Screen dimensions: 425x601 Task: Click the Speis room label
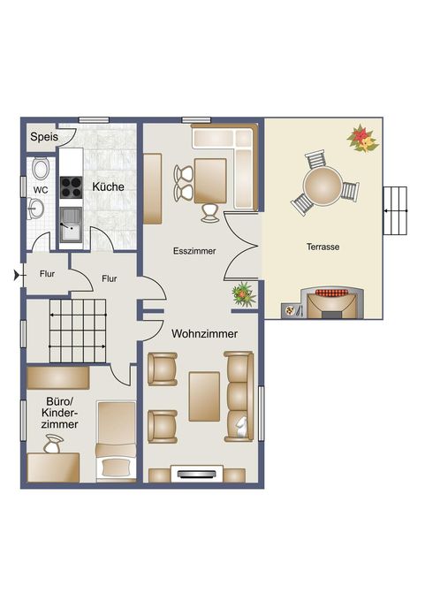pyautogui.click(x=44, y=137)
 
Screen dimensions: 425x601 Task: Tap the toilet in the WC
pyautogui.click(x=41, y=168)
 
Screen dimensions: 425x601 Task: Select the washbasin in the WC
pyautogui.click(x=35, y=209)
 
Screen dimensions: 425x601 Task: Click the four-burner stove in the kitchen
pyautogui.click(x=72, y=186)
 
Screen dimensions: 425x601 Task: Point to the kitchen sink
pyautogui.click(x=71, y=224)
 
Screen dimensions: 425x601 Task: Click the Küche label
pyautogui.click(x=108, y=186)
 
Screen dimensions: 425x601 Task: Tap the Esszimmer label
pyautogui.click(x=194, y=251)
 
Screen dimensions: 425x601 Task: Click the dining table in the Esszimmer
pyautogui.click(x=210, y=180)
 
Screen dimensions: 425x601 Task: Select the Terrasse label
pyautogui.click(x=323, y=247)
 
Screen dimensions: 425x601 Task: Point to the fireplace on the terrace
pyautogui.click(x=332, y=303)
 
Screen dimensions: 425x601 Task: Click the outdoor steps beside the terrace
pyautogui.click(x=395, y=210)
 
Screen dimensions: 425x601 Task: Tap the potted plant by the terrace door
pyautogui.click(x=243, y=294)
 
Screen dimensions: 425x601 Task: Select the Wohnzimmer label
pyautogui.click(x=204, y=334)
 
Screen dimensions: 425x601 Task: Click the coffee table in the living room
pyautogui.click(x=204, y=396)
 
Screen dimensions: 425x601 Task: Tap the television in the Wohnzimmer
pyautogui.click(x=197, y=474)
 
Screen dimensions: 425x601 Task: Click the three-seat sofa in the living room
pyautogui.click(x=239, y=396)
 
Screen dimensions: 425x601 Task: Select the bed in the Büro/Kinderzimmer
pyautogui.click(x=117, y=441)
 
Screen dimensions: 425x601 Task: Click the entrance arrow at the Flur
pyautogui.click(x=18, y=275)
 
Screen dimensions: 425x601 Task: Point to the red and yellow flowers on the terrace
pyautogui.click(x=362, y=139)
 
